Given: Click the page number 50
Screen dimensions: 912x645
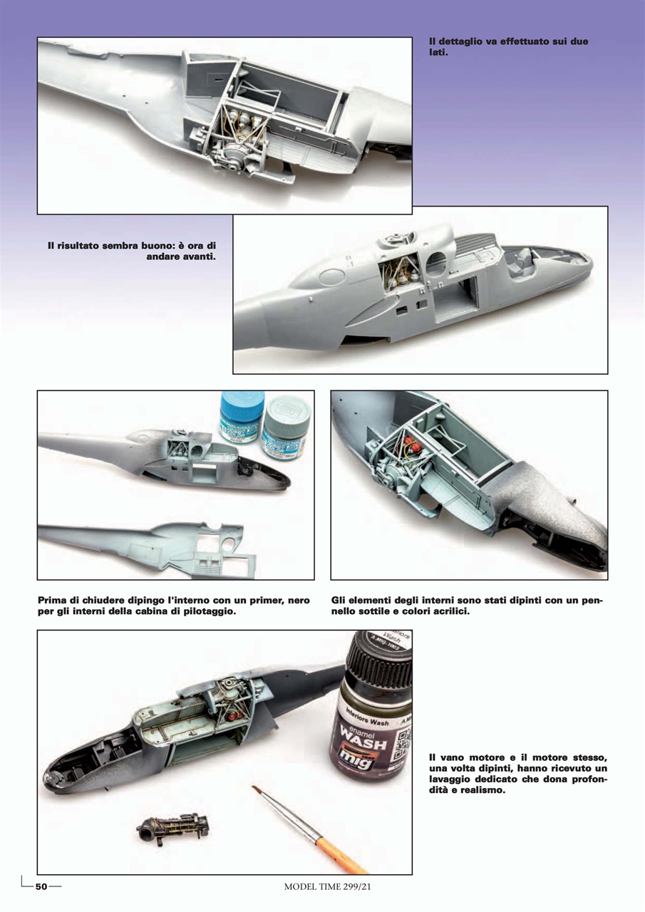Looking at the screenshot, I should pos(41,886).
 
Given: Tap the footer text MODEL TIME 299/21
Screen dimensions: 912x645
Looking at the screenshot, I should pos(327,887).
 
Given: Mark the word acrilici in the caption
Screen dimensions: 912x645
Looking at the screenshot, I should pos(445,612).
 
